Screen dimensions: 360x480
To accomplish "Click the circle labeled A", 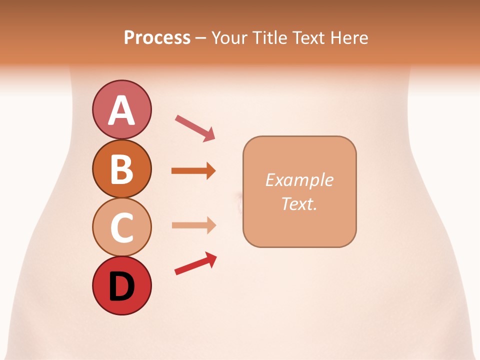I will pyautogui.click(x=121, y=109).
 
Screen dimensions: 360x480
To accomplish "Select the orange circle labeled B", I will pyautogui.click(x=121, y=169).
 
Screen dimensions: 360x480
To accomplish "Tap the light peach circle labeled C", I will pyautogui.click(x=121, y=227).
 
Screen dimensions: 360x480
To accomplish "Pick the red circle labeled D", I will pyautogui.click(x=121, y=286).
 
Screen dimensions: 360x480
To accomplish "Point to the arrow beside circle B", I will pyautogui.click(x=193, y=171).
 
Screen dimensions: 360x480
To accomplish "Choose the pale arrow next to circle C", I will pyautogui.click(x=193, y=225).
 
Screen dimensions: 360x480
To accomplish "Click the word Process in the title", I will pyautogui.click(x=157, y=38).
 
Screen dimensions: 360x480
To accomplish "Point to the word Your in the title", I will pyautogui.click(x=229, y=38).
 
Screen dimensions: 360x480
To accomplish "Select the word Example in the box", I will pyautogui.click(x=299, y=180).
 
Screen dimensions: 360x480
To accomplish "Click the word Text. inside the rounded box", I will pyautogui.click(x=299, y=203).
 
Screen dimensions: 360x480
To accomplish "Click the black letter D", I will pyautogui.click(x=121, y=287).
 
